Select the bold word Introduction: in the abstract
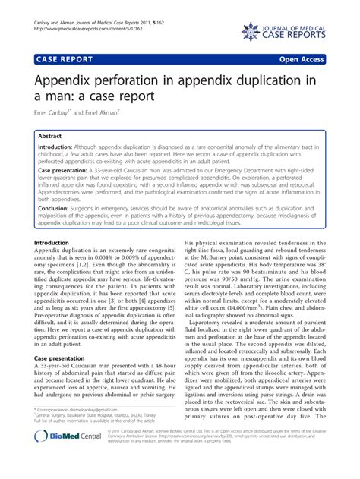[60, 148]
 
